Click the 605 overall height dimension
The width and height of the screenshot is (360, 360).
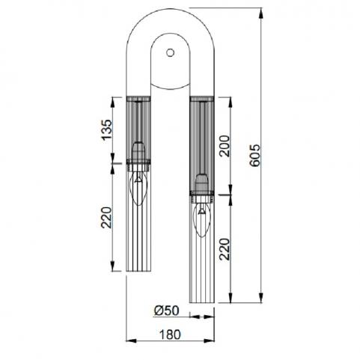[x=255, y=155]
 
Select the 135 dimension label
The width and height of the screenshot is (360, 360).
[x=107, y=130]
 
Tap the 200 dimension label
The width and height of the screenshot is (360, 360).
[x=224, y=146]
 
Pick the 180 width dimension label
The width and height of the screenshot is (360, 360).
[x=170, y=335]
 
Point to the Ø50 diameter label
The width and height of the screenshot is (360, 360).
[x=166, y=311]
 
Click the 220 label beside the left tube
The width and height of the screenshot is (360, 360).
[x=106, y=218]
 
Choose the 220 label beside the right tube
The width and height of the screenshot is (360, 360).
[x=224, y=249]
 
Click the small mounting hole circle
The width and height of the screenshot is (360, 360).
[x=171, y=52]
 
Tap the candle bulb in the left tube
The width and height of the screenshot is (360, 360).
[x=138, y=188]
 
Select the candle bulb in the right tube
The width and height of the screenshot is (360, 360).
[x=202, y=219]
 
